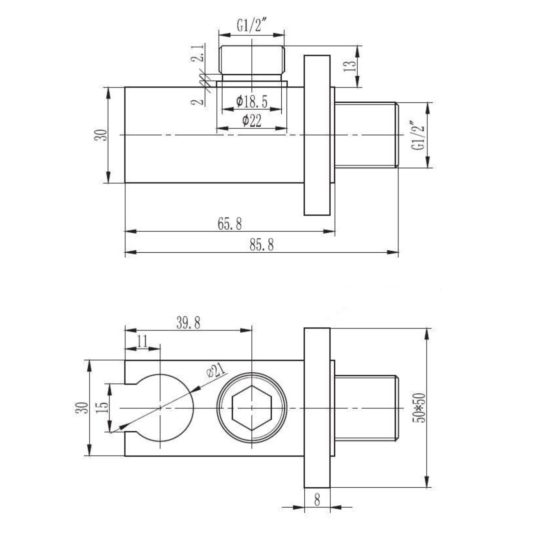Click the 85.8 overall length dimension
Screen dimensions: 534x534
tap(262, 245)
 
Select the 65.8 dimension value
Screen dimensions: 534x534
tap(230, 224)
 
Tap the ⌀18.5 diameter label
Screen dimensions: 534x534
tap(252, 101)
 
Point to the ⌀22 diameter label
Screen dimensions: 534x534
tap(252, 120)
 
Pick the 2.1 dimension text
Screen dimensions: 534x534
tap(197, 53)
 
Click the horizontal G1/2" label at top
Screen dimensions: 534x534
tap(252, 26)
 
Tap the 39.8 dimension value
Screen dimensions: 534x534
tap(188, 323)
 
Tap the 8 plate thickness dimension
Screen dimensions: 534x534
tap(317, 500)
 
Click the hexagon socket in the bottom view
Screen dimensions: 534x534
tap(252, 408)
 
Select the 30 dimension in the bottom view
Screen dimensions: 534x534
tap(82, 408)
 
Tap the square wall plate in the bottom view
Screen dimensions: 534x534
tap(317, 408)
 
